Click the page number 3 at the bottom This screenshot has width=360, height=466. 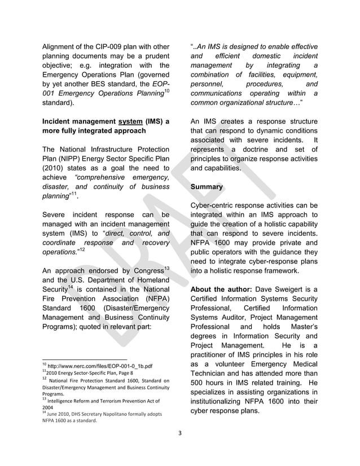180,433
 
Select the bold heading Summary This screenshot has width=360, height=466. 207,187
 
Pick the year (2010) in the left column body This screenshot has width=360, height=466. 54,168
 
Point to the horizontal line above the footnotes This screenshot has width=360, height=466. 85,359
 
